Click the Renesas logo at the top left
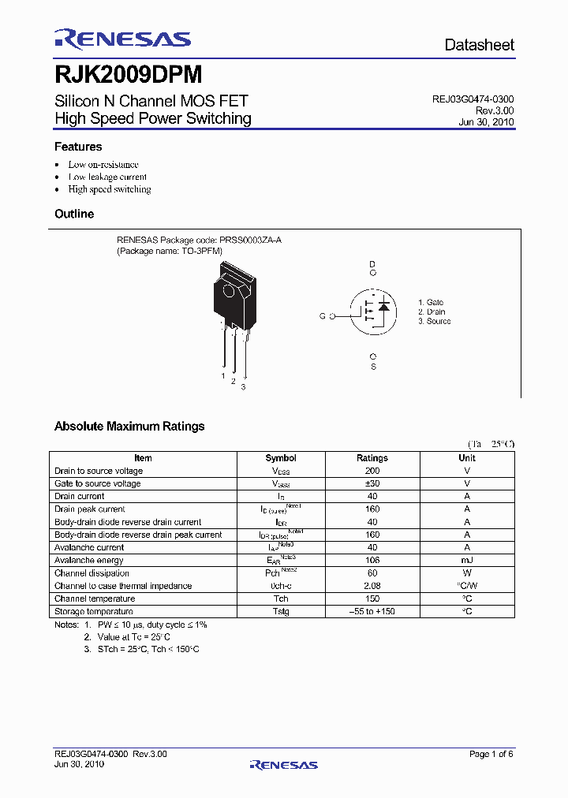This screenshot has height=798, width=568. pos(122,39)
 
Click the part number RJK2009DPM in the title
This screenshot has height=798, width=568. pos(129,75)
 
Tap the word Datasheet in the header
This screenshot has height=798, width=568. pos(479,45)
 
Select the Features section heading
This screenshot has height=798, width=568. pos(78,147)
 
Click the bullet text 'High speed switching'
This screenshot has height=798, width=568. pos(110,189)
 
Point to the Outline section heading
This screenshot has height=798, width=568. pos(74,214)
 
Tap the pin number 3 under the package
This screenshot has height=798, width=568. pos(243,386)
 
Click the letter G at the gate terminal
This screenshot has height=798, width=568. pos(322,315)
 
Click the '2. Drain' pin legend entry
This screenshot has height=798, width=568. pos(432,311)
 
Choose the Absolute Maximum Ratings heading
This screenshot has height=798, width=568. pos(129,426)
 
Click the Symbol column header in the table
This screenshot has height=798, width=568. pos(281,457)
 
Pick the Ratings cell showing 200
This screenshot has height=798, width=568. pos(372,471)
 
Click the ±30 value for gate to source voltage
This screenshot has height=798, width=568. pos(372,483)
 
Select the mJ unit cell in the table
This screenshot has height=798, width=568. pos(467,560)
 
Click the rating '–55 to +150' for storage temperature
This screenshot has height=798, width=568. pos(372,611)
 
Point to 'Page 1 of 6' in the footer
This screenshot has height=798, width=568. pos(491,754)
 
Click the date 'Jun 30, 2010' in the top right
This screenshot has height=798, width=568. pos(486,122)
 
